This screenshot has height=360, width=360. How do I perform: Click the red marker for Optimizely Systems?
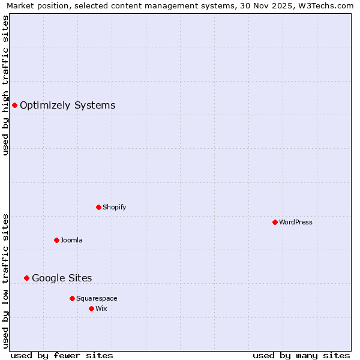pos(14,106)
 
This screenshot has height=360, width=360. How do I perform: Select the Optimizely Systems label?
pos(67,106)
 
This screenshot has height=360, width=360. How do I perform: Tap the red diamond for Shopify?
pos(98,207)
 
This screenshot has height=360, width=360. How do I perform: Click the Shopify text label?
pos(114,207)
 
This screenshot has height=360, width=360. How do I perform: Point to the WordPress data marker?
pos(275,222)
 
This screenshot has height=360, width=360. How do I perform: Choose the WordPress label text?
pos(295,222)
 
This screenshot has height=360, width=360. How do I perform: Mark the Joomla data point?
pos(56,240)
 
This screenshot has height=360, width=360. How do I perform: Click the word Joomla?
pos(71,240)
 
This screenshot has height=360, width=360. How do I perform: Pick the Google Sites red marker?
pos(26,278)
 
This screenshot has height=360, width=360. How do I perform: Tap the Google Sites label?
pos(62,278)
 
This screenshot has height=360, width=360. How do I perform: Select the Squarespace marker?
pos(72,298)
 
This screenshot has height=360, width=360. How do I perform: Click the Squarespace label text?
pos(97,298)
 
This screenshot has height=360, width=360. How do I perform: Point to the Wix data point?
pos(91,308)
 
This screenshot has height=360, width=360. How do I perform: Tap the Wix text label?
pos(101,308)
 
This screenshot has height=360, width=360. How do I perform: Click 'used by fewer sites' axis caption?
pos(62,355)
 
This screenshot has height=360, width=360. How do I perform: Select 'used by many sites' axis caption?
pos(301,355)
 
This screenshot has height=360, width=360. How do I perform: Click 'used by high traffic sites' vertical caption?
pos(5,85)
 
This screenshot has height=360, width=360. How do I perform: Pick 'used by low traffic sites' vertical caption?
pos(5,281)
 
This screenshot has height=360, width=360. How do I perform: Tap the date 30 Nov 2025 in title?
pos(260,5)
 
